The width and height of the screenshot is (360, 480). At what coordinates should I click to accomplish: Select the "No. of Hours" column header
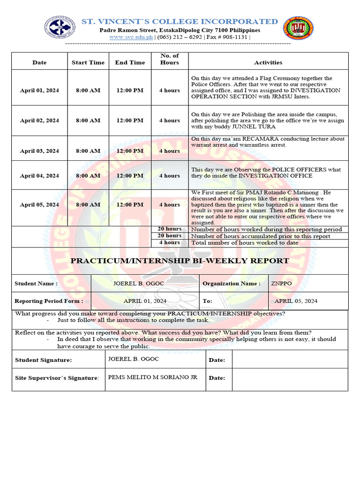click(169, 59)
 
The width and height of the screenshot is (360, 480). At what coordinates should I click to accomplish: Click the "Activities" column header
click(268, 62)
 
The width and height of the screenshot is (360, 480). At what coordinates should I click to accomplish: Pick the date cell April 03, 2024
click(39, 151)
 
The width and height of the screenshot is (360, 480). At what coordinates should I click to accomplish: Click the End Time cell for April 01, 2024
click(130, 90)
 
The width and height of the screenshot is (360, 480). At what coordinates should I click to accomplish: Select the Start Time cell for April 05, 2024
click(88, 205)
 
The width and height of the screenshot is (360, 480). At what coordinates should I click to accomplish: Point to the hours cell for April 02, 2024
click(169, 120)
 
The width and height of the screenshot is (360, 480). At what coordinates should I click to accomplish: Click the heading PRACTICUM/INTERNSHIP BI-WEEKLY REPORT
click(180, 261)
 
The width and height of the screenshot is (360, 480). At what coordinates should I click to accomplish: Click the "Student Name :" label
click(36, 284)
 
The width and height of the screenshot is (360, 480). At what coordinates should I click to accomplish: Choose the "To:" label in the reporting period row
click(208, 301)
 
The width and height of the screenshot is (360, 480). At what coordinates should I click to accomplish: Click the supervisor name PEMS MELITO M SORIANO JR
click(153, 377)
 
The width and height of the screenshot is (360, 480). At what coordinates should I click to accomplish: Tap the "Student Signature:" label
click(44, 360)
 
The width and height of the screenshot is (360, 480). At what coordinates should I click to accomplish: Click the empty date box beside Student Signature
click(290, 360)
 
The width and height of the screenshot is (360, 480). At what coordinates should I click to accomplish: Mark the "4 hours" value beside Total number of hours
click(169, 243)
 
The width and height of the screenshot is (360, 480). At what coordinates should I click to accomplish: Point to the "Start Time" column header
click(88, 62)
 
